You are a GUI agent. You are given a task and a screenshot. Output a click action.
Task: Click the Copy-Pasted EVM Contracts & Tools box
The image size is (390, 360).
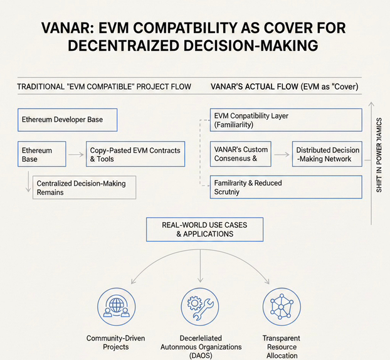click(x=135, y=154)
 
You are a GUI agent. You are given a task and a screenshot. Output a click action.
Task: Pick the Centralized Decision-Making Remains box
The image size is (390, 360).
click(x=85, y=188)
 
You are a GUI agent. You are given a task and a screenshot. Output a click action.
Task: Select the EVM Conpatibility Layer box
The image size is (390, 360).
click(x=285, y=120)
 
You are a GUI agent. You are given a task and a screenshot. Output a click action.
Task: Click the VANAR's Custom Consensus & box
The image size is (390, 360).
click(x=240, y=154)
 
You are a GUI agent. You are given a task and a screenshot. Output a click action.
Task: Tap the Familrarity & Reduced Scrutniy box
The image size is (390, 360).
click(x=285, y=187)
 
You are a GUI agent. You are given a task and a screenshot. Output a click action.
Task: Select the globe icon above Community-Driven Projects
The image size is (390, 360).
click(x=115, y=307)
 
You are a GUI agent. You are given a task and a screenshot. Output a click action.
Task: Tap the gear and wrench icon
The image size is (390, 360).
click(x=200, y=307)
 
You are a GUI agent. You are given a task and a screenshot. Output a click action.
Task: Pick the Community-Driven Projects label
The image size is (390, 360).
click(x=116, y=342)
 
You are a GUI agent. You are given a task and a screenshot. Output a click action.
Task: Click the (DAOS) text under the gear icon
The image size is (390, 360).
click(x=200, y=355)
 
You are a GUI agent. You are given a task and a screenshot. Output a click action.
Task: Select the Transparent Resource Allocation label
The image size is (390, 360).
click(x=281, y=347)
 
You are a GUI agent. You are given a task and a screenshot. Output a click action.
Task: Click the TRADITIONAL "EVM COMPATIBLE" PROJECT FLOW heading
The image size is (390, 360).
click(x=104, y=86)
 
